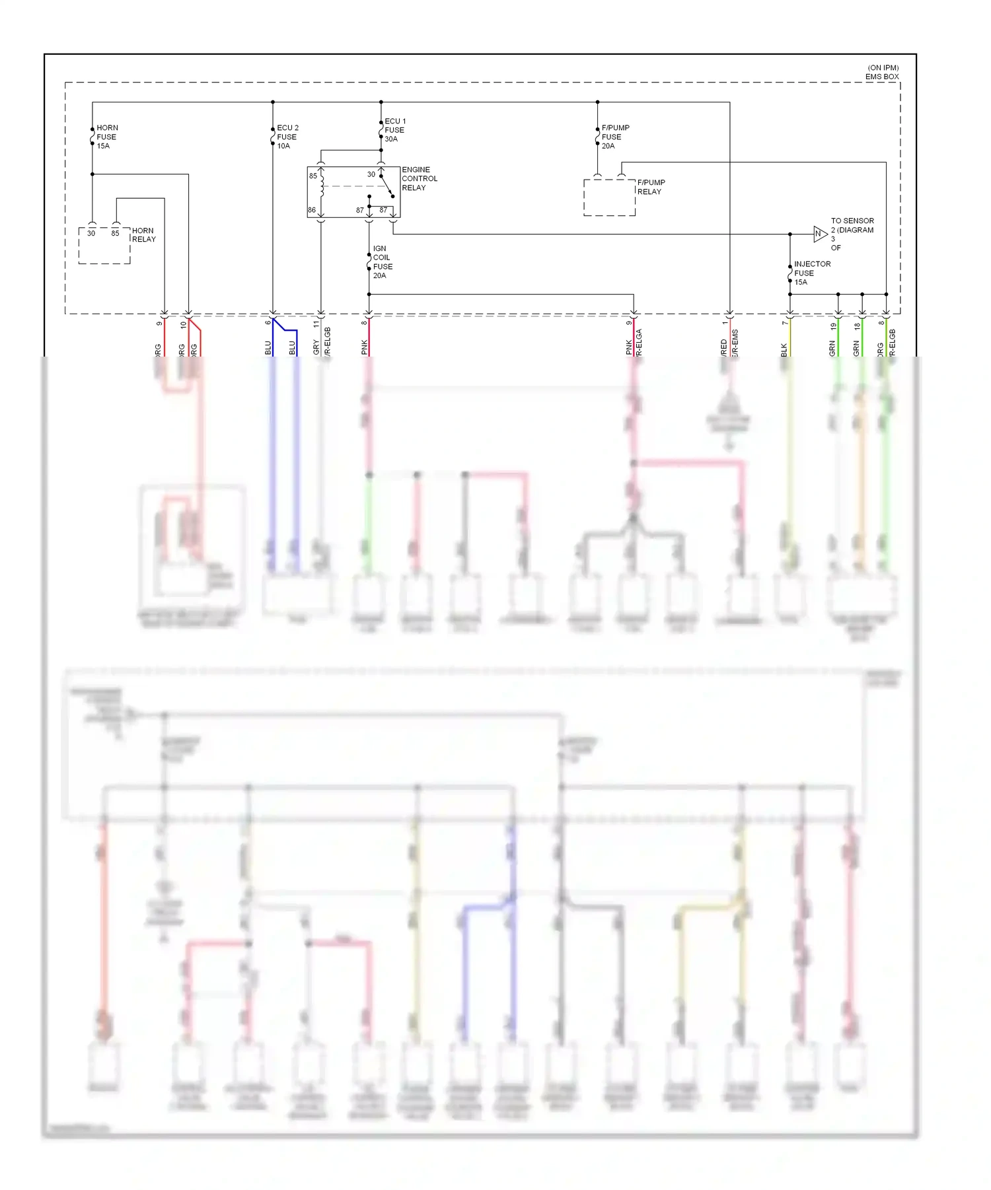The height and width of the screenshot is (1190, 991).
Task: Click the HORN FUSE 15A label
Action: [106, 137]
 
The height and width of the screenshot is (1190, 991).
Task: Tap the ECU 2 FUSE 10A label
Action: [287, 137]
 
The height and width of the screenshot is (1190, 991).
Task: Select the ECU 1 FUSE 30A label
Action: [395, 130]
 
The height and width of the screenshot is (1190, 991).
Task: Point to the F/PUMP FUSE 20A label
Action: [615, 137]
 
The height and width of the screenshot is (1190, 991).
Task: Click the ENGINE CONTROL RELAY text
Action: [420, 179]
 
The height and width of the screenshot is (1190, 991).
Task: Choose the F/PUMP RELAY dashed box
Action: [609, 197]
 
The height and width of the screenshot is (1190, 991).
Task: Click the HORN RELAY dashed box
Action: [104, 246]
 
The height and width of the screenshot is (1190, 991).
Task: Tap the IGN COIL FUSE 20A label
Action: [383, 262]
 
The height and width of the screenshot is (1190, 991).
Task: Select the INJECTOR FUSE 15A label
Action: [812, 273]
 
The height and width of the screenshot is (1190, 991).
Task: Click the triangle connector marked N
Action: [819, 234]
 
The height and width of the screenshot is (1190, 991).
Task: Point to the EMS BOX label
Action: [882, 77]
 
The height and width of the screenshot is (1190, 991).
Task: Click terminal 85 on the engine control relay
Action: [313, 176]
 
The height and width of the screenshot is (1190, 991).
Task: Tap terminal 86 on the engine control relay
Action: [312, 210]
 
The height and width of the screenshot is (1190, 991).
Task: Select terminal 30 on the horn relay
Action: [91, 233]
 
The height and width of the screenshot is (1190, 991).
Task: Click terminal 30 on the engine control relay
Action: [371, 174]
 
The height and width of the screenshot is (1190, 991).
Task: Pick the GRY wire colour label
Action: [316, 347]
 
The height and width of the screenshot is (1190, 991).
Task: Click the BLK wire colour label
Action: [784, 349]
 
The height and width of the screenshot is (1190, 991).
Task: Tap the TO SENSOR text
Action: [852, 221]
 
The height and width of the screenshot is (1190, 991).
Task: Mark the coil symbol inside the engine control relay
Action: [322, 187]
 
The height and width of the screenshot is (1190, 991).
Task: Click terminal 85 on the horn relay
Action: [116, 233]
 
